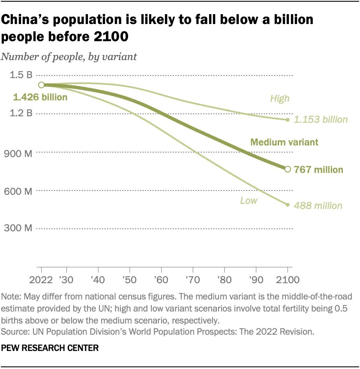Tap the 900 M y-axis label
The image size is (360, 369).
tap(19, 152)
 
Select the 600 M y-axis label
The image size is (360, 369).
tap(19, 190)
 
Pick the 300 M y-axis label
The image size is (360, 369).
tap(19, 228)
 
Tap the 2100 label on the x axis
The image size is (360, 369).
tap(288, 281)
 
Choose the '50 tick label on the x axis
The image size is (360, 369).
tap(129, 281)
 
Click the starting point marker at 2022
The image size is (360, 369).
tap(41, 85)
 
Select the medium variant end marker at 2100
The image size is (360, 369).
tap(288, 169)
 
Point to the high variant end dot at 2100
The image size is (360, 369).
tap(288, 119)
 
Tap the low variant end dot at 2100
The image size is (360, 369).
tap(288, 205)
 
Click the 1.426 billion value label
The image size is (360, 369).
tap(40, 97)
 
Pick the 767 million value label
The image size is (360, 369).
tap(318, 169)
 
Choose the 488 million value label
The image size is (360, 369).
tap(318, 206)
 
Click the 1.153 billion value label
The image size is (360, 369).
tap(321, 120)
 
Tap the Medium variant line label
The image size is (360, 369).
tap(284, 142)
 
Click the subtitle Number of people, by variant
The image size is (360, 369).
tap(69, 56)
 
